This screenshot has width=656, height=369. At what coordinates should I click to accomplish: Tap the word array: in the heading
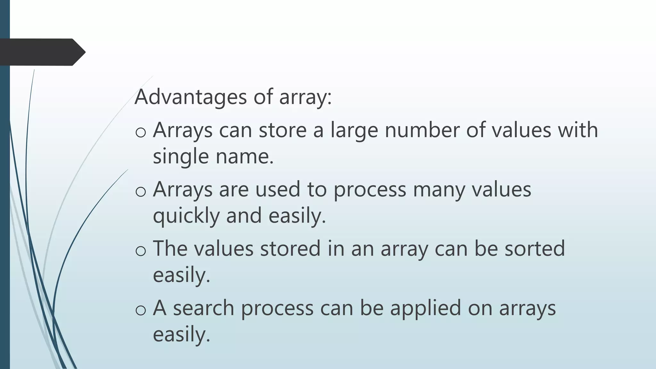305,97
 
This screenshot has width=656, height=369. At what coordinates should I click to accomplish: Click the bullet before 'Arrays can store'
141,132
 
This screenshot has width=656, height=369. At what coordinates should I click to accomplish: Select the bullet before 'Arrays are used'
141,191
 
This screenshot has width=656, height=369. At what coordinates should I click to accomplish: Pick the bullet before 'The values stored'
141,250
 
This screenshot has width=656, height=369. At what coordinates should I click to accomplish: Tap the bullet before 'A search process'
141,309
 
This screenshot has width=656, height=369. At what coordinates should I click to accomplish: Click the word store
283,130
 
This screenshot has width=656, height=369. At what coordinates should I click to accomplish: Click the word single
181,157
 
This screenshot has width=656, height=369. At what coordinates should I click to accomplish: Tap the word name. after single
245,157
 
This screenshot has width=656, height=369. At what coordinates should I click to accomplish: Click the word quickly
186,216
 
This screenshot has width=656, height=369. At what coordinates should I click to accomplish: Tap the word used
278,189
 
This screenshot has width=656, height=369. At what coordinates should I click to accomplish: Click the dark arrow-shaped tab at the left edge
42,52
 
